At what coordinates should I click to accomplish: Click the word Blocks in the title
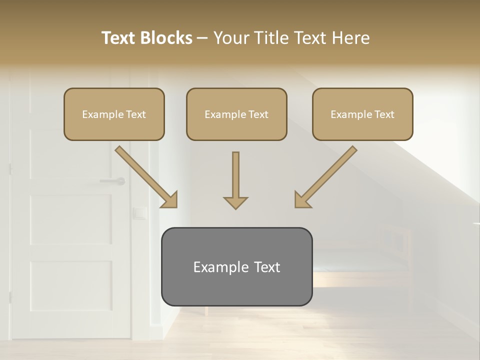(x=165, y=38)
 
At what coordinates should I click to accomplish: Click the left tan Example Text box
(x=114, y=114)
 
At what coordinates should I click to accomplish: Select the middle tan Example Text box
(x=236, y=114)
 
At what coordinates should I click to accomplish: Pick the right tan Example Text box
(x=362, y=114)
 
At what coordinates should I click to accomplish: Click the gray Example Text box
(x=236, y=266)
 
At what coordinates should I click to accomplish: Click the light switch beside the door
(x=139, y=213)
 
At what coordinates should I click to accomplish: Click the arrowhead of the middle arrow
(x=235, y=202)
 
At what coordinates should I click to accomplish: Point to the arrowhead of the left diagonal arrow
(x=170, y=199)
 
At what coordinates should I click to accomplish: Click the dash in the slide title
(x=202, y=38)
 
